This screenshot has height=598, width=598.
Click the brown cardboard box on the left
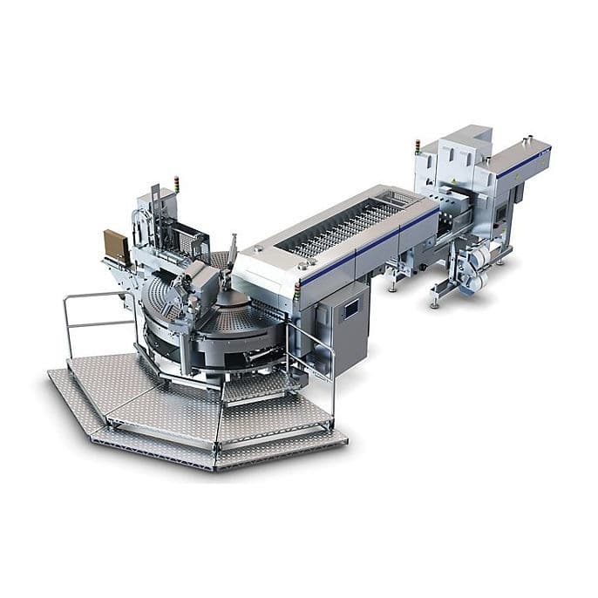click(x=115, y=247)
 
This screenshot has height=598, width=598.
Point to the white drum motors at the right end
click(x=475, y=259)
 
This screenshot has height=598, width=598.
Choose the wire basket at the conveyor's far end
click(x=402, y=200)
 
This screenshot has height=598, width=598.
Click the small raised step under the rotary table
click(x=248, y=384)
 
